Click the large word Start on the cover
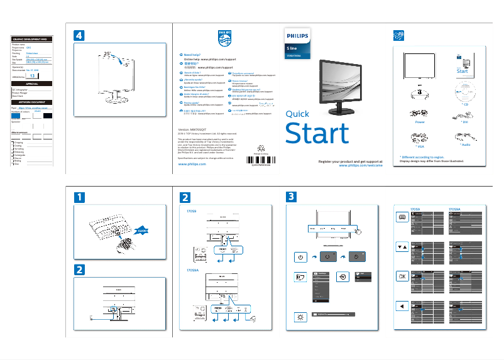[317, 134]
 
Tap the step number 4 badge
[79, 36]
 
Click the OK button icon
[402, 276]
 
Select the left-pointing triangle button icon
[402, 306]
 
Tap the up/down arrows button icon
[402, 246]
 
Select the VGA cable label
[419, 145]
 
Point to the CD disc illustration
[463, 87]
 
